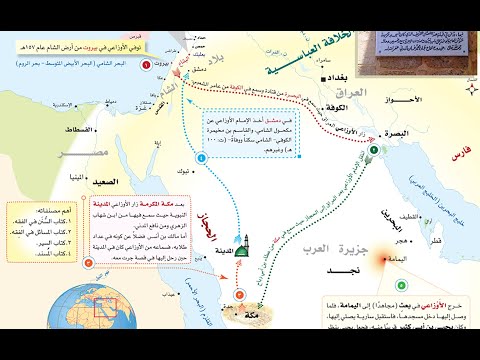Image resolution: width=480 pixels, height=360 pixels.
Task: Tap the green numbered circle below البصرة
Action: pos(374,152)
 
